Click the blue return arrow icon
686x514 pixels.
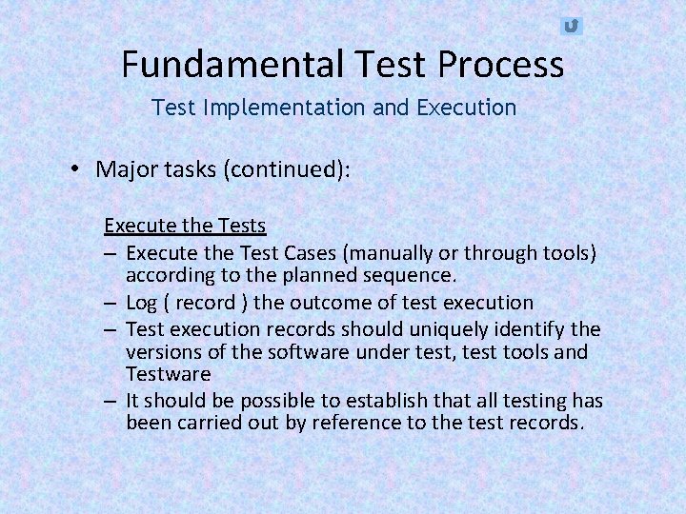[x=571, y=26]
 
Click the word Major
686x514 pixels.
[x=124, y=169]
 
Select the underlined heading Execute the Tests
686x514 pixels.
[x=185, y=226]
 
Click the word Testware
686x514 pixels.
[x=168, y=375]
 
